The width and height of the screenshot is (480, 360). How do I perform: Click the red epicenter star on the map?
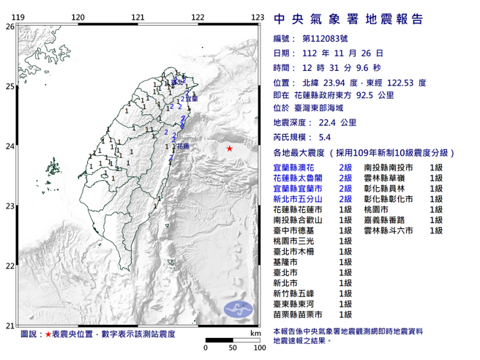(x=230, y=149)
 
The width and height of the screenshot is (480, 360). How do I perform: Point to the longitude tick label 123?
(x=258, y=17)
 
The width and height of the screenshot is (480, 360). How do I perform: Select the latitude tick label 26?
(x=10, y=26)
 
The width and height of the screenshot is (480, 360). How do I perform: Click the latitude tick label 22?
(x=10, y=266)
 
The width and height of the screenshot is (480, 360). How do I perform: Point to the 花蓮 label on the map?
(x=183, y=146)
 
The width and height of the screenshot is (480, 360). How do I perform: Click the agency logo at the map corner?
(x=239, y=308)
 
